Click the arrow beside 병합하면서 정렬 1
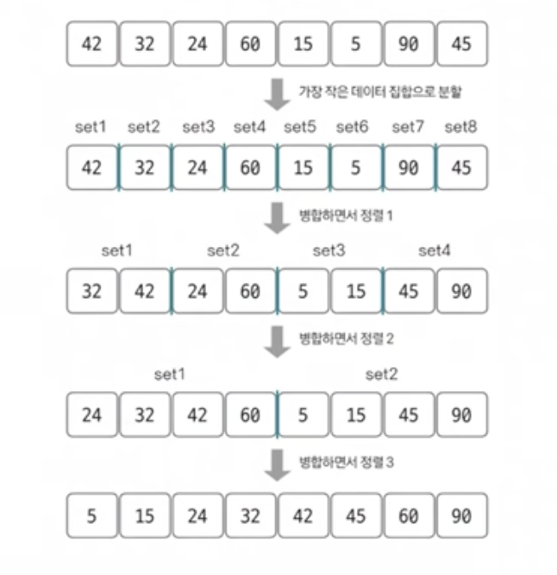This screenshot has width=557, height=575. [276, 217]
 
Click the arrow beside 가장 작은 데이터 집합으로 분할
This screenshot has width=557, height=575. [276, 93]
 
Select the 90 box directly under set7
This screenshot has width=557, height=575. [409, 167]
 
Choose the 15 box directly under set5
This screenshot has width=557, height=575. [303, 167]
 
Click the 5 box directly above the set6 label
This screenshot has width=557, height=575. [355, 44]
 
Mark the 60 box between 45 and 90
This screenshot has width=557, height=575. [409, 516]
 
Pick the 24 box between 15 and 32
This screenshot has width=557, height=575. [197, 516]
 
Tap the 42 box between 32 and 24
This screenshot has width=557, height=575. [145, 291]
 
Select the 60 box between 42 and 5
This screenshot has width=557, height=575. [250, 414]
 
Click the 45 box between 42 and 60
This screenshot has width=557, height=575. [355, 516]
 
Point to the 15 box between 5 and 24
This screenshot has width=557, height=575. [145, 516]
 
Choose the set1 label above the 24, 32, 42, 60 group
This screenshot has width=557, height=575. [171, 375]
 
